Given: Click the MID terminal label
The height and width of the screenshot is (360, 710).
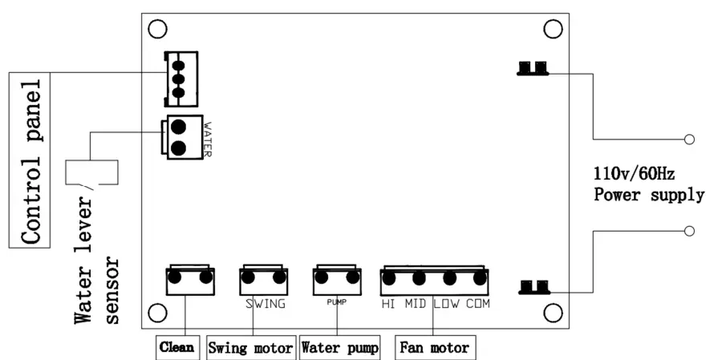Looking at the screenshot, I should coord(416,305).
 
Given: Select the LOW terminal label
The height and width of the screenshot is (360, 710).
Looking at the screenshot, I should coord(447,305).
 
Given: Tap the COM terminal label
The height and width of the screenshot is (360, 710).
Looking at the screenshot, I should coord(477,305).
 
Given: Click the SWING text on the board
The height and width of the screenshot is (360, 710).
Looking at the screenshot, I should coord(265,305).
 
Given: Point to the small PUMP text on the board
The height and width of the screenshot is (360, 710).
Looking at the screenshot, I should coord(335,304).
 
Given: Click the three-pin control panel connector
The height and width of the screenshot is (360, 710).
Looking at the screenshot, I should coord(180,78).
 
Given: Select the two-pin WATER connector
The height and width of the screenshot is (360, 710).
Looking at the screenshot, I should coord(181,137).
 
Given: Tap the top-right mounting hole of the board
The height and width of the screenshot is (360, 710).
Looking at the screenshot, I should coord(552,29).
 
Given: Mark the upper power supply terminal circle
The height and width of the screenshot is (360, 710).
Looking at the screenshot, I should coord(688,140).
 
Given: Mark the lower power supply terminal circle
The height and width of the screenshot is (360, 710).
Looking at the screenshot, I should coord(688,231).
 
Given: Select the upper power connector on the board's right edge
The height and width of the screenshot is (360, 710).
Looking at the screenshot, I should coord(533,68).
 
